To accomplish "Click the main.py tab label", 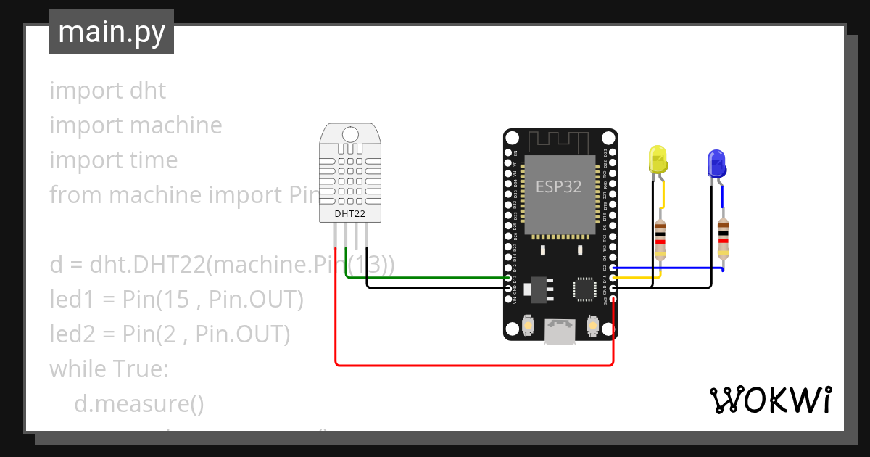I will pos(111,33).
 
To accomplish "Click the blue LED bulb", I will pos(716,163).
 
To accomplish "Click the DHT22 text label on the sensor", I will pos(350,214).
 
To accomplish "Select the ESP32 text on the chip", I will pos(558,186).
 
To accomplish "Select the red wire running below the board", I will pos(471,364).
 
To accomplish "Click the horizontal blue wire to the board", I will pos(667,268).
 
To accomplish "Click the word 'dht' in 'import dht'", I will pos(148,91).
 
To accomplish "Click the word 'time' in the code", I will pos(153,160).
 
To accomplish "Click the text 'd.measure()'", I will pos(139,404).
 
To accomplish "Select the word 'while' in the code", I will pos(78,369).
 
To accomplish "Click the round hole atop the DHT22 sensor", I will pos(350,134).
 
